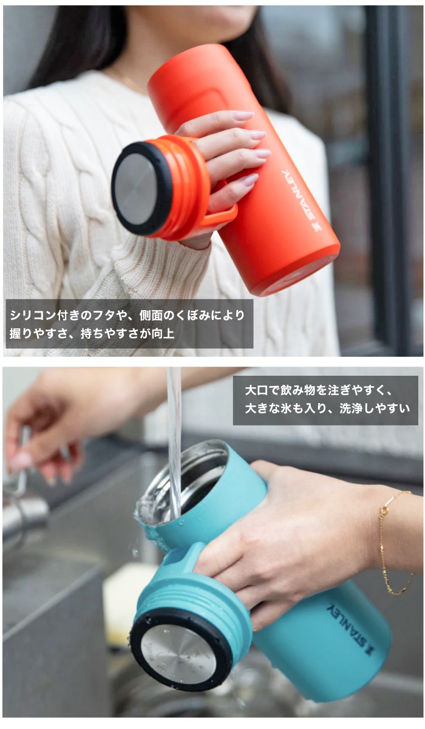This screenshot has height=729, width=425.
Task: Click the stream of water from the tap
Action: click(174, 442)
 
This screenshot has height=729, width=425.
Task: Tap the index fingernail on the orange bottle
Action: click(243, 115)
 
